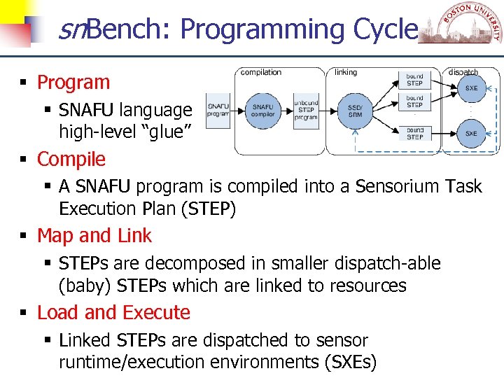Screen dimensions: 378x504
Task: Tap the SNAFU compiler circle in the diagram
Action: [x=263, y=111]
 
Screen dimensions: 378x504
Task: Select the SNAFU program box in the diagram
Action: [x=218, y=110]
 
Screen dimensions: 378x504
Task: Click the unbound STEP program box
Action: [x=306, y=109]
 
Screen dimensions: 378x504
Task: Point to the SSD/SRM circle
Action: [x=355, y=111]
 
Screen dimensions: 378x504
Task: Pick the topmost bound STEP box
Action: [x=414, y=79]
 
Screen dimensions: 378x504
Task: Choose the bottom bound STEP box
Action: [x=414, y=133]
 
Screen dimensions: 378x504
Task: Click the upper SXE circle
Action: [x=471, y=88]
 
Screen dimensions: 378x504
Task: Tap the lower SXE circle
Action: [x=471, y=132]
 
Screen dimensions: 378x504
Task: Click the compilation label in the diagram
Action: [x=260, y=72]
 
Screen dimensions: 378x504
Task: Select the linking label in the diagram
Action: [x=345, y=72]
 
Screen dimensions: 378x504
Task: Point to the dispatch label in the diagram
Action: [x=463, y=72]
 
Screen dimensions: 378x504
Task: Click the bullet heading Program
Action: [x=73, y=83]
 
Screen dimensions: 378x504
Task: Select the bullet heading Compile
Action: [x=71, y=160]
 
